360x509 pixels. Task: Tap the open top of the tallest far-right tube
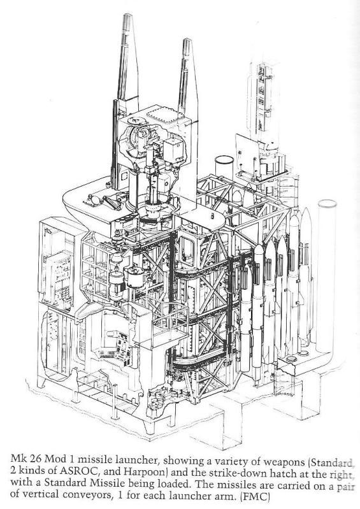(328, 204)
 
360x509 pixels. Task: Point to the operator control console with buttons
(116, 345)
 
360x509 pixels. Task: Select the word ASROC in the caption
(77, 471)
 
